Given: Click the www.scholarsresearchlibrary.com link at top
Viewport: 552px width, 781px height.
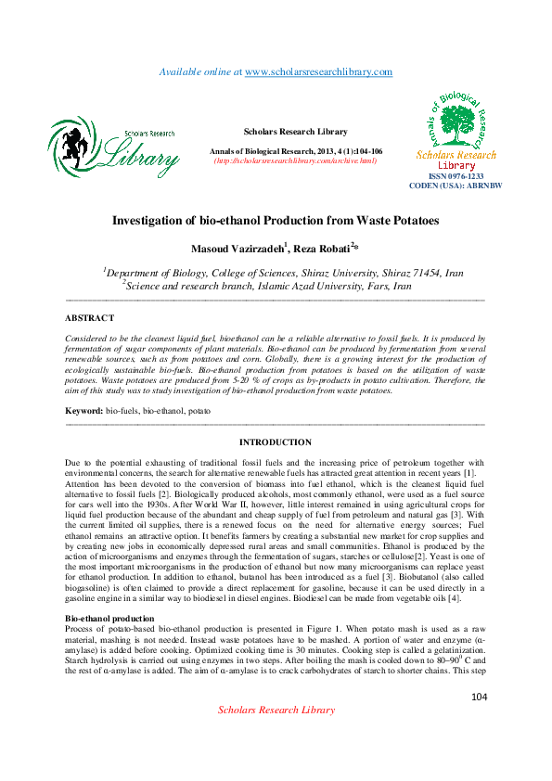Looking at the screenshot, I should point(318,71).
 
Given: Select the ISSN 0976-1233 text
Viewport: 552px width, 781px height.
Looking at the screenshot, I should point(456,176).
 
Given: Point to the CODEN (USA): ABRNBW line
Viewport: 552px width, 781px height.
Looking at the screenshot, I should point(456,186).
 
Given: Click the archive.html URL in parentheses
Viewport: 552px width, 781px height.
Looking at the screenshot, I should point(295,160).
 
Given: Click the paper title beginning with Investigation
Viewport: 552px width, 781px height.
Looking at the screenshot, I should point(276,221).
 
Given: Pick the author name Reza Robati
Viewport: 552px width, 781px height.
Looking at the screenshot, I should point(319,249).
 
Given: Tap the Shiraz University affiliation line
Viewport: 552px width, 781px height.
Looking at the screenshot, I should point(283,274).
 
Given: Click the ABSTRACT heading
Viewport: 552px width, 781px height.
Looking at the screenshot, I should point(90,318).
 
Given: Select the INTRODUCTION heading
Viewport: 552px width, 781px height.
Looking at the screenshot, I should point(276,442).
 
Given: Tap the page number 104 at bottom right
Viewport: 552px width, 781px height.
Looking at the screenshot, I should point(479,697).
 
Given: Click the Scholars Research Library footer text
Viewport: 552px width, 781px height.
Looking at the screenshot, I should point(276,710).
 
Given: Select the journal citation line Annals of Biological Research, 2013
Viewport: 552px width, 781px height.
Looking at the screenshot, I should point(297,151).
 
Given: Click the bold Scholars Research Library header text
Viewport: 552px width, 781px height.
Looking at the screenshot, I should point(295,132).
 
